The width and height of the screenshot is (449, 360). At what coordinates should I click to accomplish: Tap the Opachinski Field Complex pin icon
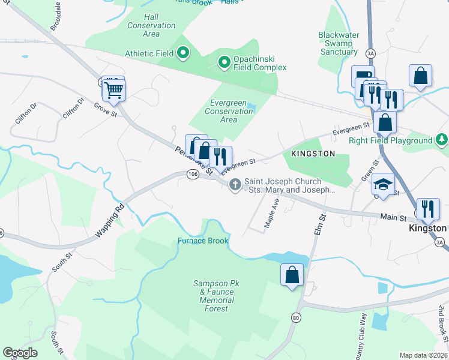pyautogui.click(x=224, y=62)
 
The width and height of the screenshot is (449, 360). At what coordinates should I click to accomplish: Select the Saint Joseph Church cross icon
pyautogui.click(x=235, y=185)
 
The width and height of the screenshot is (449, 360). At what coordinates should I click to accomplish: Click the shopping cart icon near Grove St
pyautogui.click(x=113, y=91)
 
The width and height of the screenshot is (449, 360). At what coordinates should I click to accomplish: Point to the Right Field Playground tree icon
pyautogui.click(x=441, y=140)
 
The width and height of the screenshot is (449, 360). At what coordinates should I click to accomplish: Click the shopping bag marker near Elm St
pyautogui.click(x=292, y=275)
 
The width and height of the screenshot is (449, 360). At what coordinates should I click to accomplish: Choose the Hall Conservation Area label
pyautogui.click(x=151, y=26)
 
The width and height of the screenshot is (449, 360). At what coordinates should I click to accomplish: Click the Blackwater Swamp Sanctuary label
pyautogui.click(x=339, y=43)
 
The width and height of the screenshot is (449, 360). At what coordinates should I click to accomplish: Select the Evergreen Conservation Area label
pyautogui.click(x=229, y=111)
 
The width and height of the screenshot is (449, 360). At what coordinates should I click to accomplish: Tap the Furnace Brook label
pyautogui.click(x=203, y=241)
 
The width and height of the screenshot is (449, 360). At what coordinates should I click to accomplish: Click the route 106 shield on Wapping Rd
pyautogui.click(x=192, y=174)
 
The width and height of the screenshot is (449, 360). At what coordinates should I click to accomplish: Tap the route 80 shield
pyautogui.click(x=296, y=317)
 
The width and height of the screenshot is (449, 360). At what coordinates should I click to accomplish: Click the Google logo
pyautogui.click(x=20, y=353)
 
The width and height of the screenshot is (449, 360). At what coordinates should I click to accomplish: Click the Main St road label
pyautogui.click(x=391, y=216)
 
